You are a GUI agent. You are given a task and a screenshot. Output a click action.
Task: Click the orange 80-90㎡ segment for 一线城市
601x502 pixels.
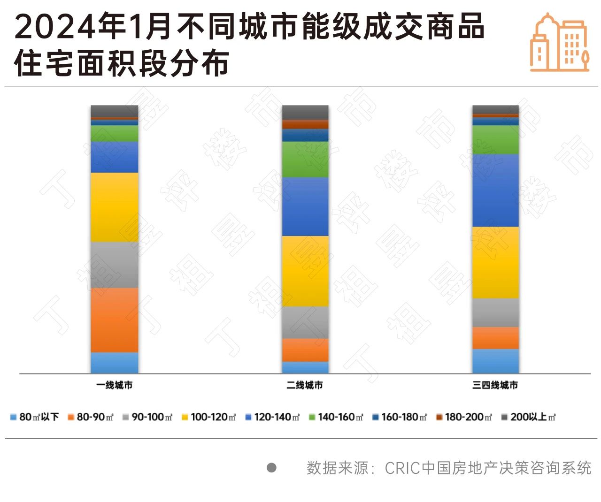click(115, 319)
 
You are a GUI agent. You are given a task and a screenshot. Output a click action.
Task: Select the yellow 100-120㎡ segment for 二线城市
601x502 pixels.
click(305, 271)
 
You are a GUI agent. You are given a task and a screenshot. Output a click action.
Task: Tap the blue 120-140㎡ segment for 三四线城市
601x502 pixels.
click(495, 190)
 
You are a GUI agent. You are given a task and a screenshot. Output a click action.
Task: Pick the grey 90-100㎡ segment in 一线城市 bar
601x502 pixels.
click(115, 265)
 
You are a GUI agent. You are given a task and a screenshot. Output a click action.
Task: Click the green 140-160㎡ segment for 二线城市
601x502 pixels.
click(305, 159)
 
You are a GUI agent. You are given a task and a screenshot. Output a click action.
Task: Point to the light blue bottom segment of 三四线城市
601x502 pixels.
click(495, 361)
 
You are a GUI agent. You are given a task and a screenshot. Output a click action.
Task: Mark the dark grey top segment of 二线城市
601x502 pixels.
click(305, 112)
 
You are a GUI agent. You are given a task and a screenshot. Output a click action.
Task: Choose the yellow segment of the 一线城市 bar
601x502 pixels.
click(115, 207)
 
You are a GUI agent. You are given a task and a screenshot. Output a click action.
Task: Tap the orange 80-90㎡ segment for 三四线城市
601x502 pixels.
click(495, 338)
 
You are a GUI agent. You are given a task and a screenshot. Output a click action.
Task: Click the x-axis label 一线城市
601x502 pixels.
click(115, 385)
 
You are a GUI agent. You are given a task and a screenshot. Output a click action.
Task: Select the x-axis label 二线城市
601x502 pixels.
click(305, 385)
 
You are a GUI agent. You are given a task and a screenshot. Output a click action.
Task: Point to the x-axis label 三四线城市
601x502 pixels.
click(495, 385)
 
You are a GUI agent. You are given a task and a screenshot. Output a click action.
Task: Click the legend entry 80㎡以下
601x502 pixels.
click(35, 417)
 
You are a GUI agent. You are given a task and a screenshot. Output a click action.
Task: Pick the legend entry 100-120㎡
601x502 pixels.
click(208, 417)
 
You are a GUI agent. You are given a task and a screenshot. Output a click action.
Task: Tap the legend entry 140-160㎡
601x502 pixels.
click(336, 417)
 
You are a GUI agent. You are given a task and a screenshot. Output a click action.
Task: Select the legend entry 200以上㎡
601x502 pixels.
click(528, 417)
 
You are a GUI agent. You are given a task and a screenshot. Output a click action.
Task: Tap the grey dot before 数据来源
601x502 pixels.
click(271, 467)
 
